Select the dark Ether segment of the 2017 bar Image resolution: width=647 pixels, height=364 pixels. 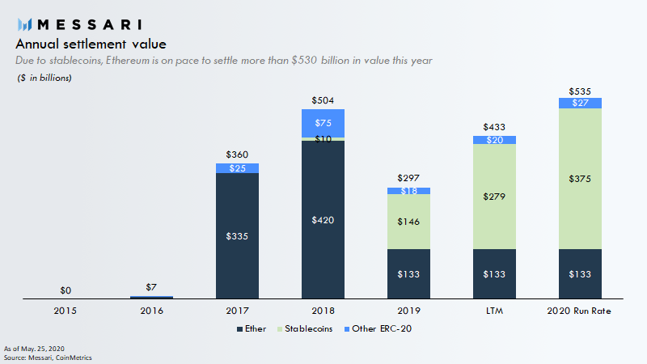pyautogui.click(x=237, y=236)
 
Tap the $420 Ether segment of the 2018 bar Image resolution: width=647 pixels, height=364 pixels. pyautogui.click(x=323, y=220)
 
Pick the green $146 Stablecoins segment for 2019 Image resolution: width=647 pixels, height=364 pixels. pyautogui.click(x=408, y=221)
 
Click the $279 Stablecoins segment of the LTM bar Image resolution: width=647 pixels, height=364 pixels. pyautogui.click(x=494, y=197)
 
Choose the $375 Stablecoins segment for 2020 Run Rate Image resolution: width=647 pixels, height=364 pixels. pyautogui.click(x=580, y=179)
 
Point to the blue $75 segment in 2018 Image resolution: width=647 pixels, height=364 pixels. pyautogui.click(x=323, y=123)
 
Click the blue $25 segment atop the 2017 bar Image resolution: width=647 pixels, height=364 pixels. pyautogui.click(x=237, y=168)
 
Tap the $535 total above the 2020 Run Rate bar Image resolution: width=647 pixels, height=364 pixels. pyautogui.click(x=580, y=91)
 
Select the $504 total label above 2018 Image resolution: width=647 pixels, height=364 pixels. pyautogui.click(x=323, y=101)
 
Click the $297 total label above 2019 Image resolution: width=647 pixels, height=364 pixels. pyautogui.click(x=408, y=178)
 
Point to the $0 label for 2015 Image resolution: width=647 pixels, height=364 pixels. pyautogui.click(x=66, y=290)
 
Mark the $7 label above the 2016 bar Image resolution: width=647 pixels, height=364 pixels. pyautogui.click(x=151, y=288)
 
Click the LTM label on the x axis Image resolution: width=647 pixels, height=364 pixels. pyautogui.click(x=494, y=311)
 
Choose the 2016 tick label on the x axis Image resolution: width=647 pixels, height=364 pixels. pyautogui.click(x=151, y=311)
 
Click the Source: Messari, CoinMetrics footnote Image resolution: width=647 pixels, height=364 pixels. pyautogui.click(x=48, y=357)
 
